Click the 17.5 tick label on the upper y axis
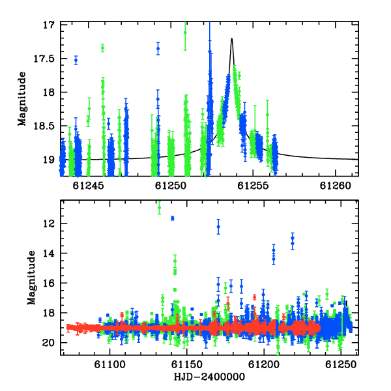click(44, 59)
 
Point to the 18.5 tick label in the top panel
click(44, 126)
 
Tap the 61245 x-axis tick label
click(88, 186)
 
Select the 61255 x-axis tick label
click(253, 186)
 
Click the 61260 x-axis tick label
click(336, 186)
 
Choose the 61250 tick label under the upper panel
click(171, 186)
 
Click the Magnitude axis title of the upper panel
click(22, 99)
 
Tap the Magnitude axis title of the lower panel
click(31, 278)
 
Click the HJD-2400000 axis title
click(209, 377)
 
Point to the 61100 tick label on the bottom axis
click(109, 365)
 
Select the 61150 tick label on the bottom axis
click(187, 365)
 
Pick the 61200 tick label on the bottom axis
click(264, 365)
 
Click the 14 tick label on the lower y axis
click(48, 253)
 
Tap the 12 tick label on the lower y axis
click(48, 224)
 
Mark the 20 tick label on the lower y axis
click(48, 343)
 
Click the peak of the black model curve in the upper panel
click(231, 38)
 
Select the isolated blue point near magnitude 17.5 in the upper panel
click(76, 60)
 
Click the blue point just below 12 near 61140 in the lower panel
click(172, 218)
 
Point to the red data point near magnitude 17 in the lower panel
click(254, 297)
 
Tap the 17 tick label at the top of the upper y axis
click(48, 25)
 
